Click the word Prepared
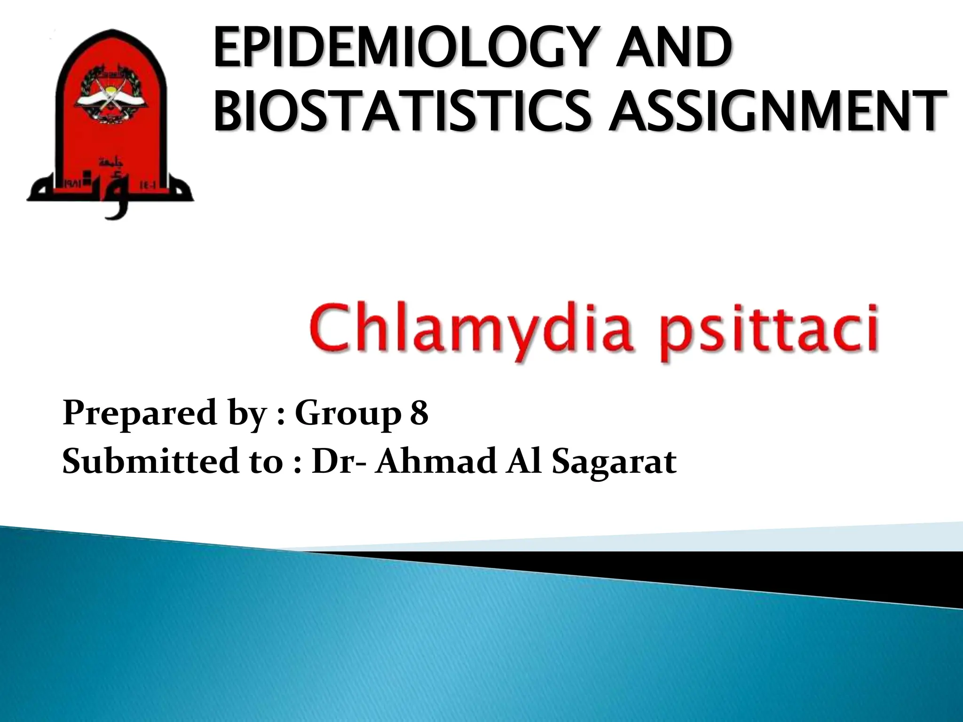click(x=138, y=413)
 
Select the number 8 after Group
click(x=419, y=413)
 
